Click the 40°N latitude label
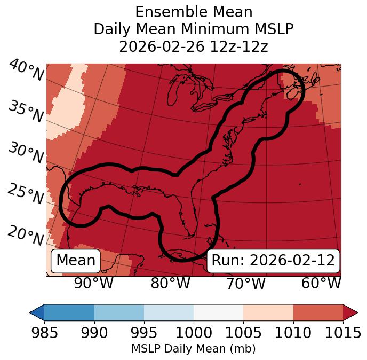(26, 71)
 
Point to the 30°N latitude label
(26, 153)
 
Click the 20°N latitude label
(26, 235)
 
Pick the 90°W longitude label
(93, 284)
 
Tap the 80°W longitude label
(170, 284)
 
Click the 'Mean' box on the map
(76, 261)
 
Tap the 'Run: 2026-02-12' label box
(273, 261)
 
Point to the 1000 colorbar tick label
(193, 333)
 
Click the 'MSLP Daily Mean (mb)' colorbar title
(193, 349)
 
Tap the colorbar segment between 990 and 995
(118, 312)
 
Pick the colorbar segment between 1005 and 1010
(268, 312)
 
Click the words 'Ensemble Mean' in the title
(194, 12)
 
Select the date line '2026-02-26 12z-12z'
(194, 46)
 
